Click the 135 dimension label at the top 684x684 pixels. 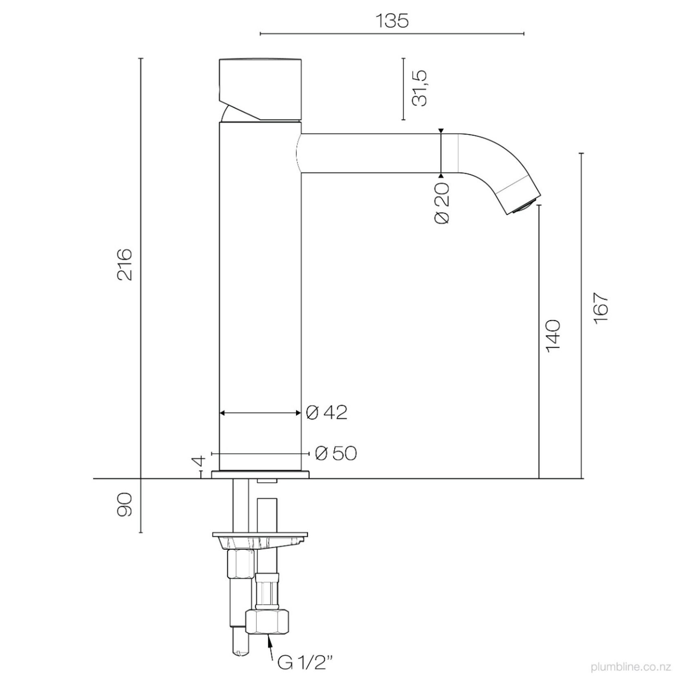[391, 21]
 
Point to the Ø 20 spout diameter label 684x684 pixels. [442, 203]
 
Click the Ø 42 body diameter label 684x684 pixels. [326, 413]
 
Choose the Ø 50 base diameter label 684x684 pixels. [336, 453]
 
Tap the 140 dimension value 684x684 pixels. [553, 335]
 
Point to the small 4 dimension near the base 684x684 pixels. [199, 462]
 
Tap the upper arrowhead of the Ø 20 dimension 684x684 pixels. [441, 131]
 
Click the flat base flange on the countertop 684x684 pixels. [260, 474]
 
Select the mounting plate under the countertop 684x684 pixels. [260, 535]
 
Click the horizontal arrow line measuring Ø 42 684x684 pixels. [260, 413]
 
